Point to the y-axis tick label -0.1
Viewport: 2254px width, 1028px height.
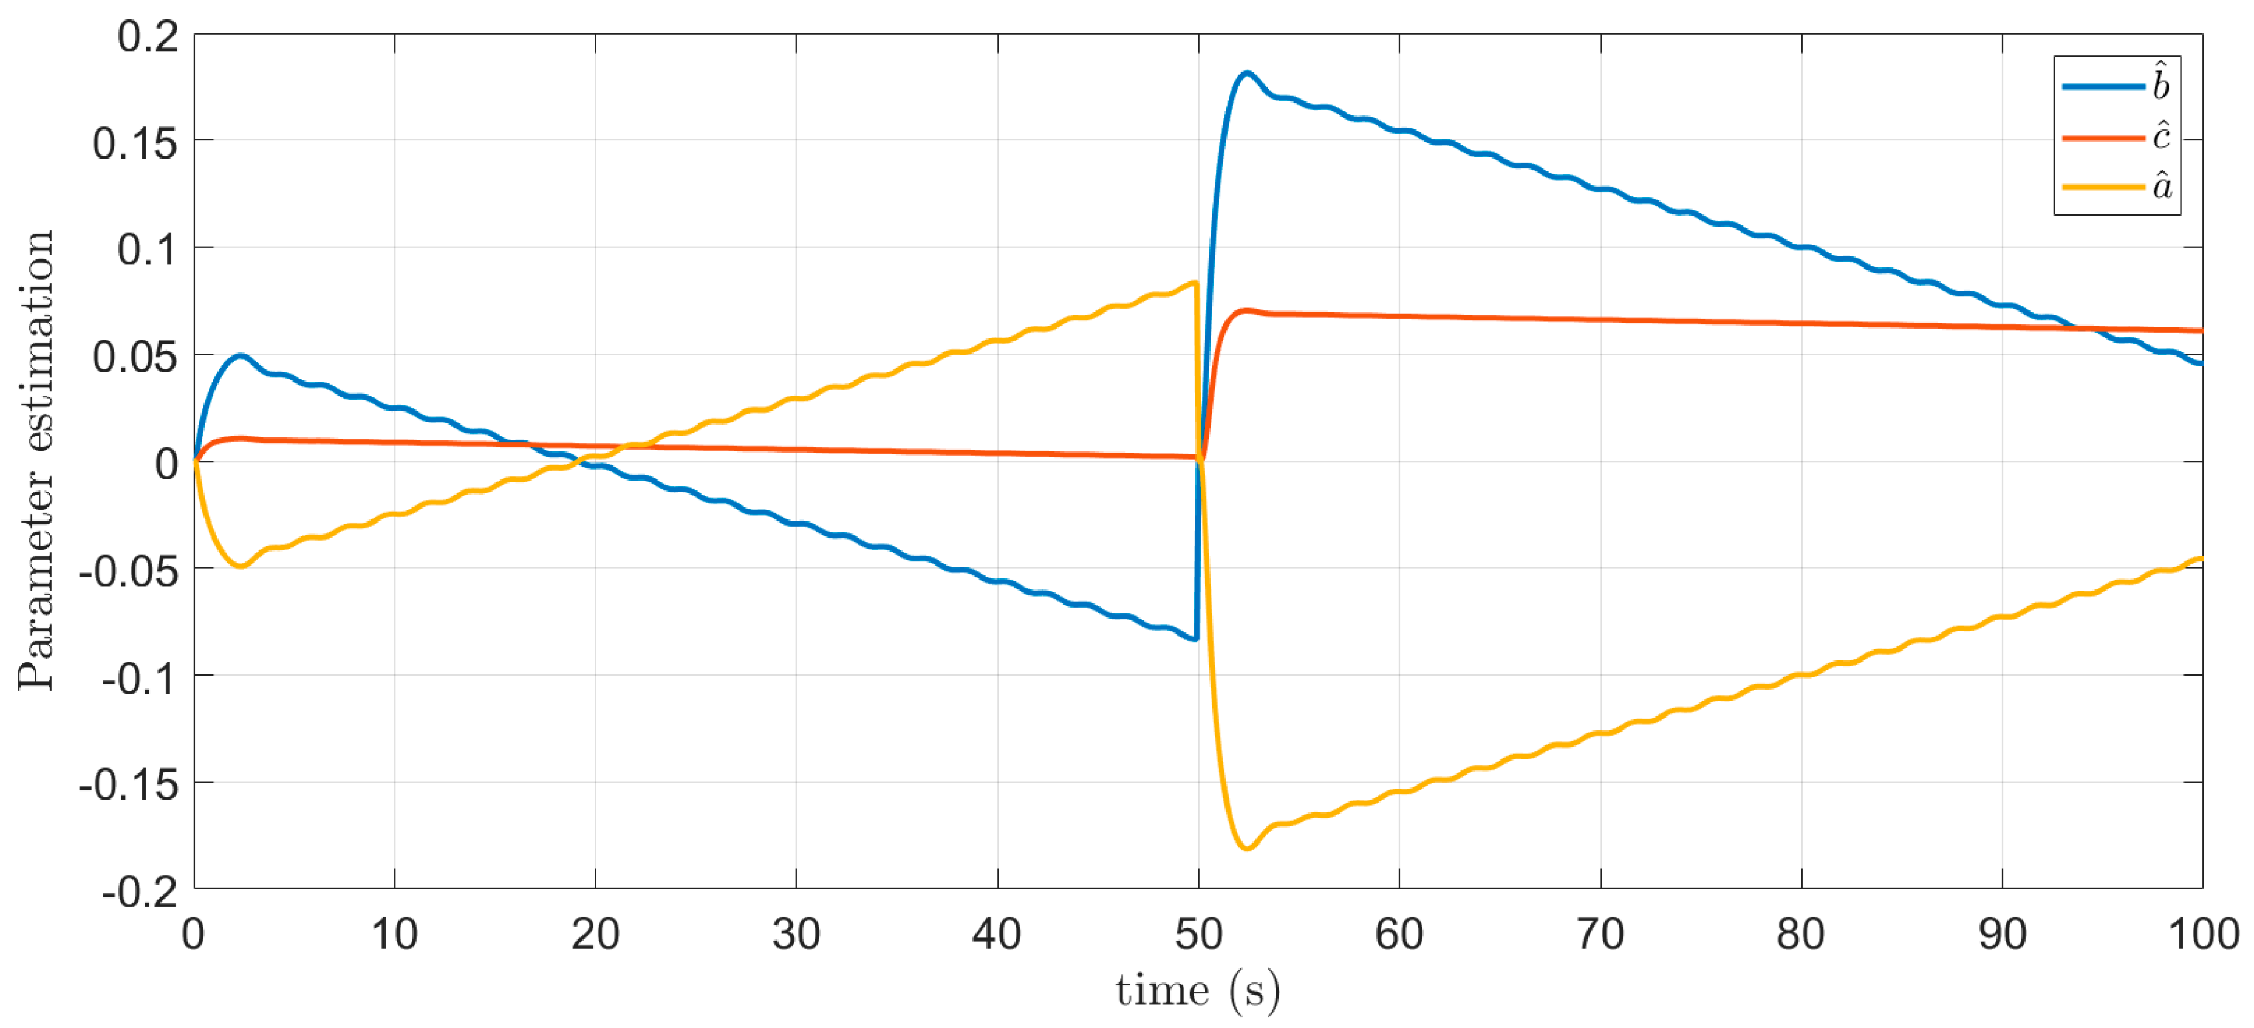[139, 678]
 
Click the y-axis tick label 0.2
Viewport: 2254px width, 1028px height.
[147, 36]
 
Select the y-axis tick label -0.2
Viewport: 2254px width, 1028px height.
[139, 893]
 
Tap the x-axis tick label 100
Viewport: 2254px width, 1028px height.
[2202, 934]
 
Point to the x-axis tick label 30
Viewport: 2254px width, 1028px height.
[796, 934]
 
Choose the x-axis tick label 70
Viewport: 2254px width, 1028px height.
[1600, 934]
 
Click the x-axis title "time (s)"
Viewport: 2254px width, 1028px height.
[1197, 992]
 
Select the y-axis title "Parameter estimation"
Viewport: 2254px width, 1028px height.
[37, 461]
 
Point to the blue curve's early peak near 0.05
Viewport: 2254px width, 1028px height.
[241, 355]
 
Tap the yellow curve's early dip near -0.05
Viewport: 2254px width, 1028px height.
[241, 566]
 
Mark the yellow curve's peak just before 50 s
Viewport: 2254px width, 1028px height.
[1194, 283]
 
